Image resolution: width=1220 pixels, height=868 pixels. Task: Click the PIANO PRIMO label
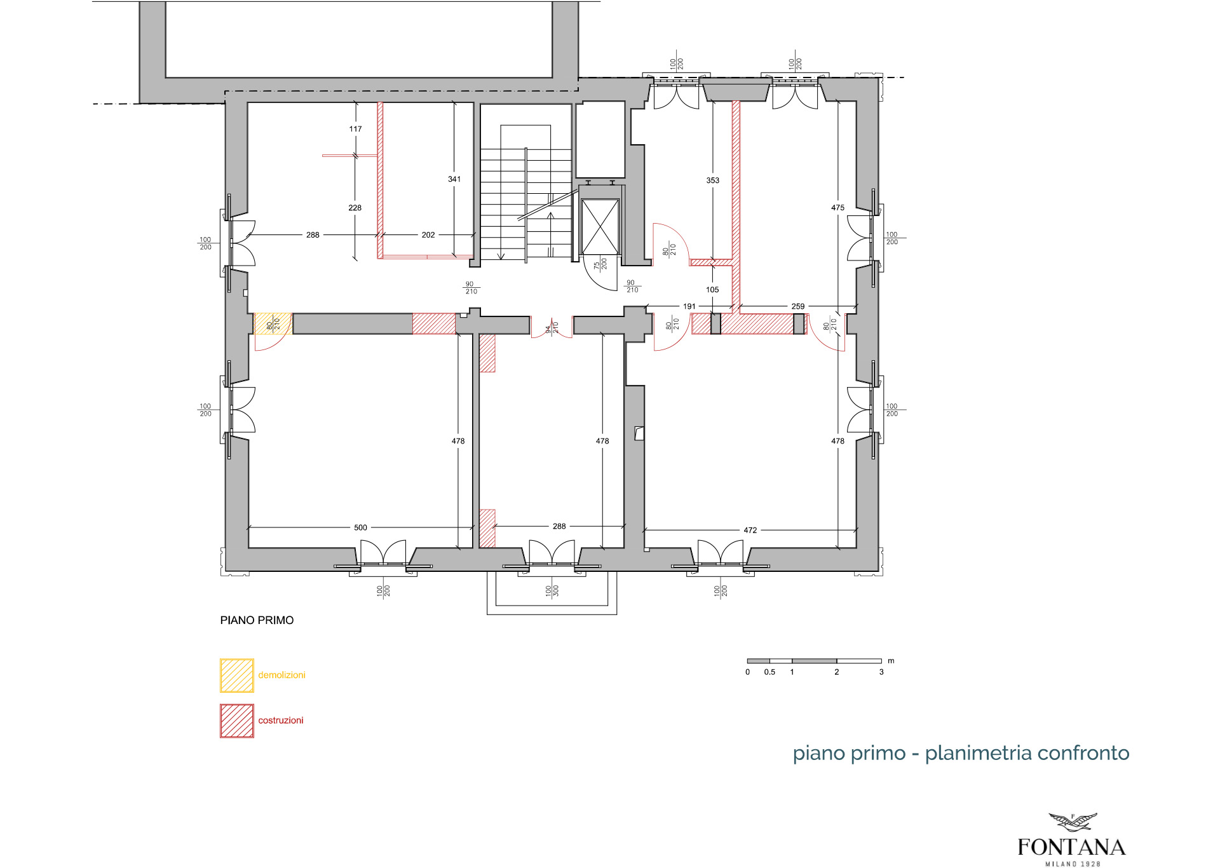[257, 620]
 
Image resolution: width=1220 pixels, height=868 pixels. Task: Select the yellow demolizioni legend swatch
[237, 675]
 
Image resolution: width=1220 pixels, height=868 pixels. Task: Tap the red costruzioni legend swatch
[237, 721]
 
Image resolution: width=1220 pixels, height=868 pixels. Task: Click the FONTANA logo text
[1071, 847]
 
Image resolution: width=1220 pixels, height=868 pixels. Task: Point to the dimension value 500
[360, 527]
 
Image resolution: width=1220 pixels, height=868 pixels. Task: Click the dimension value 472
[750, 530]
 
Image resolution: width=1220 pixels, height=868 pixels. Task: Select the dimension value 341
[454, 179]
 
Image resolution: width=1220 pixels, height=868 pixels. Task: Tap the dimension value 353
[713, 180]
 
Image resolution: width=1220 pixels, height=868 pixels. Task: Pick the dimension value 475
[837, 208]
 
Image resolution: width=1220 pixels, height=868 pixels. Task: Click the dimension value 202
[428, 235]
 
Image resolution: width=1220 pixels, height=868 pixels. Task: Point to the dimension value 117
[355, 129]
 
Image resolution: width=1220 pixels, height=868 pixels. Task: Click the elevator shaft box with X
[600, 227]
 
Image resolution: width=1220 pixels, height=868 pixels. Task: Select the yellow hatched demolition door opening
[273, 323]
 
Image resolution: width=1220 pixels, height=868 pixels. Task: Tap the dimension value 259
[798, 306]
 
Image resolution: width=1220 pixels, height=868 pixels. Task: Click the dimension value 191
[689, 306]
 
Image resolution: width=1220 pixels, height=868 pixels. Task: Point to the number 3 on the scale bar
[881, 672]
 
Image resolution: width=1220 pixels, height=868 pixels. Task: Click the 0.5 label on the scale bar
[769, 672]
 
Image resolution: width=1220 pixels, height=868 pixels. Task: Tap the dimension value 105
[712, 290]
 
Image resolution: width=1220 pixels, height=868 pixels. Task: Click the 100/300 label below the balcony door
[552, 591]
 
